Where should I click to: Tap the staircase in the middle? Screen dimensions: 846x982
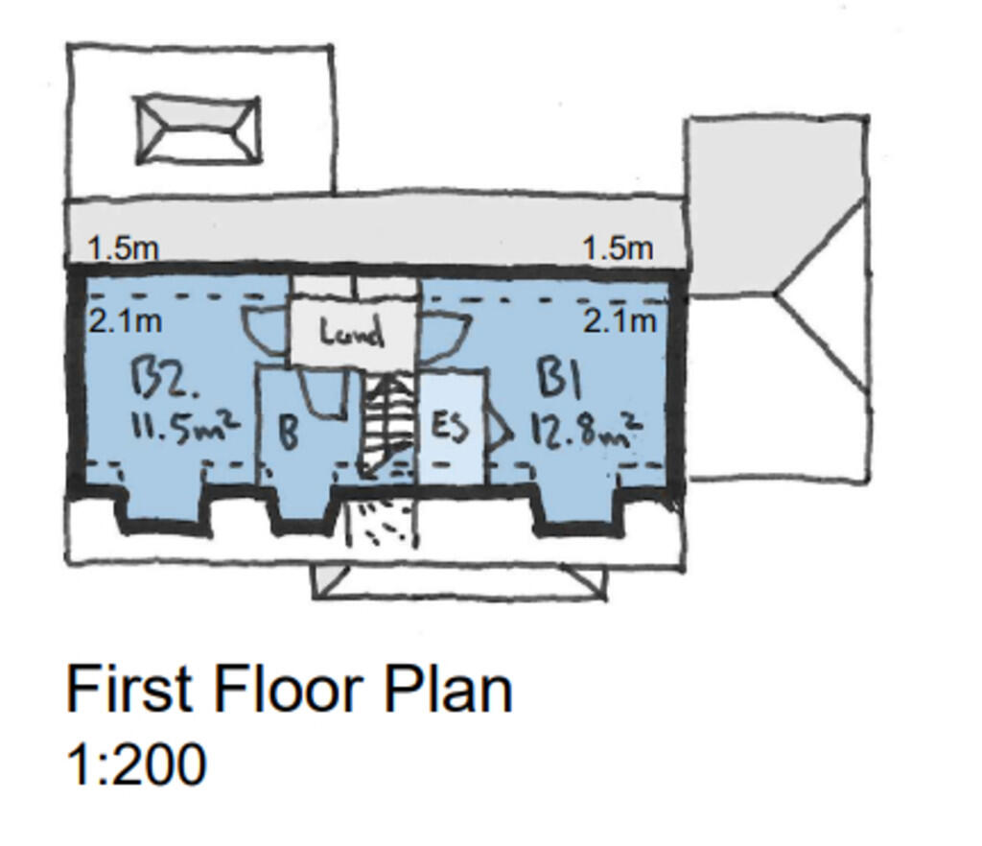coord(387,422)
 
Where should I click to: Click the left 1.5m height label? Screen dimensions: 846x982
coord(123,247)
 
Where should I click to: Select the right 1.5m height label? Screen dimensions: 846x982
coord(619,247)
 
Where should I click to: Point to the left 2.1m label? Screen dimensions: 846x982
coord(125,320)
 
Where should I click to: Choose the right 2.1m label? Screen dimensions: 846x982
coord(620,320)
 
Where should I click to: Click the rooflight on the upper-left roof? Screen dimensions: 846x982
coord(198,129)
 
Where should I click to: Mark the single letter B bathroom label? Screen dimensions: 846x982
coord(288,432)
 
